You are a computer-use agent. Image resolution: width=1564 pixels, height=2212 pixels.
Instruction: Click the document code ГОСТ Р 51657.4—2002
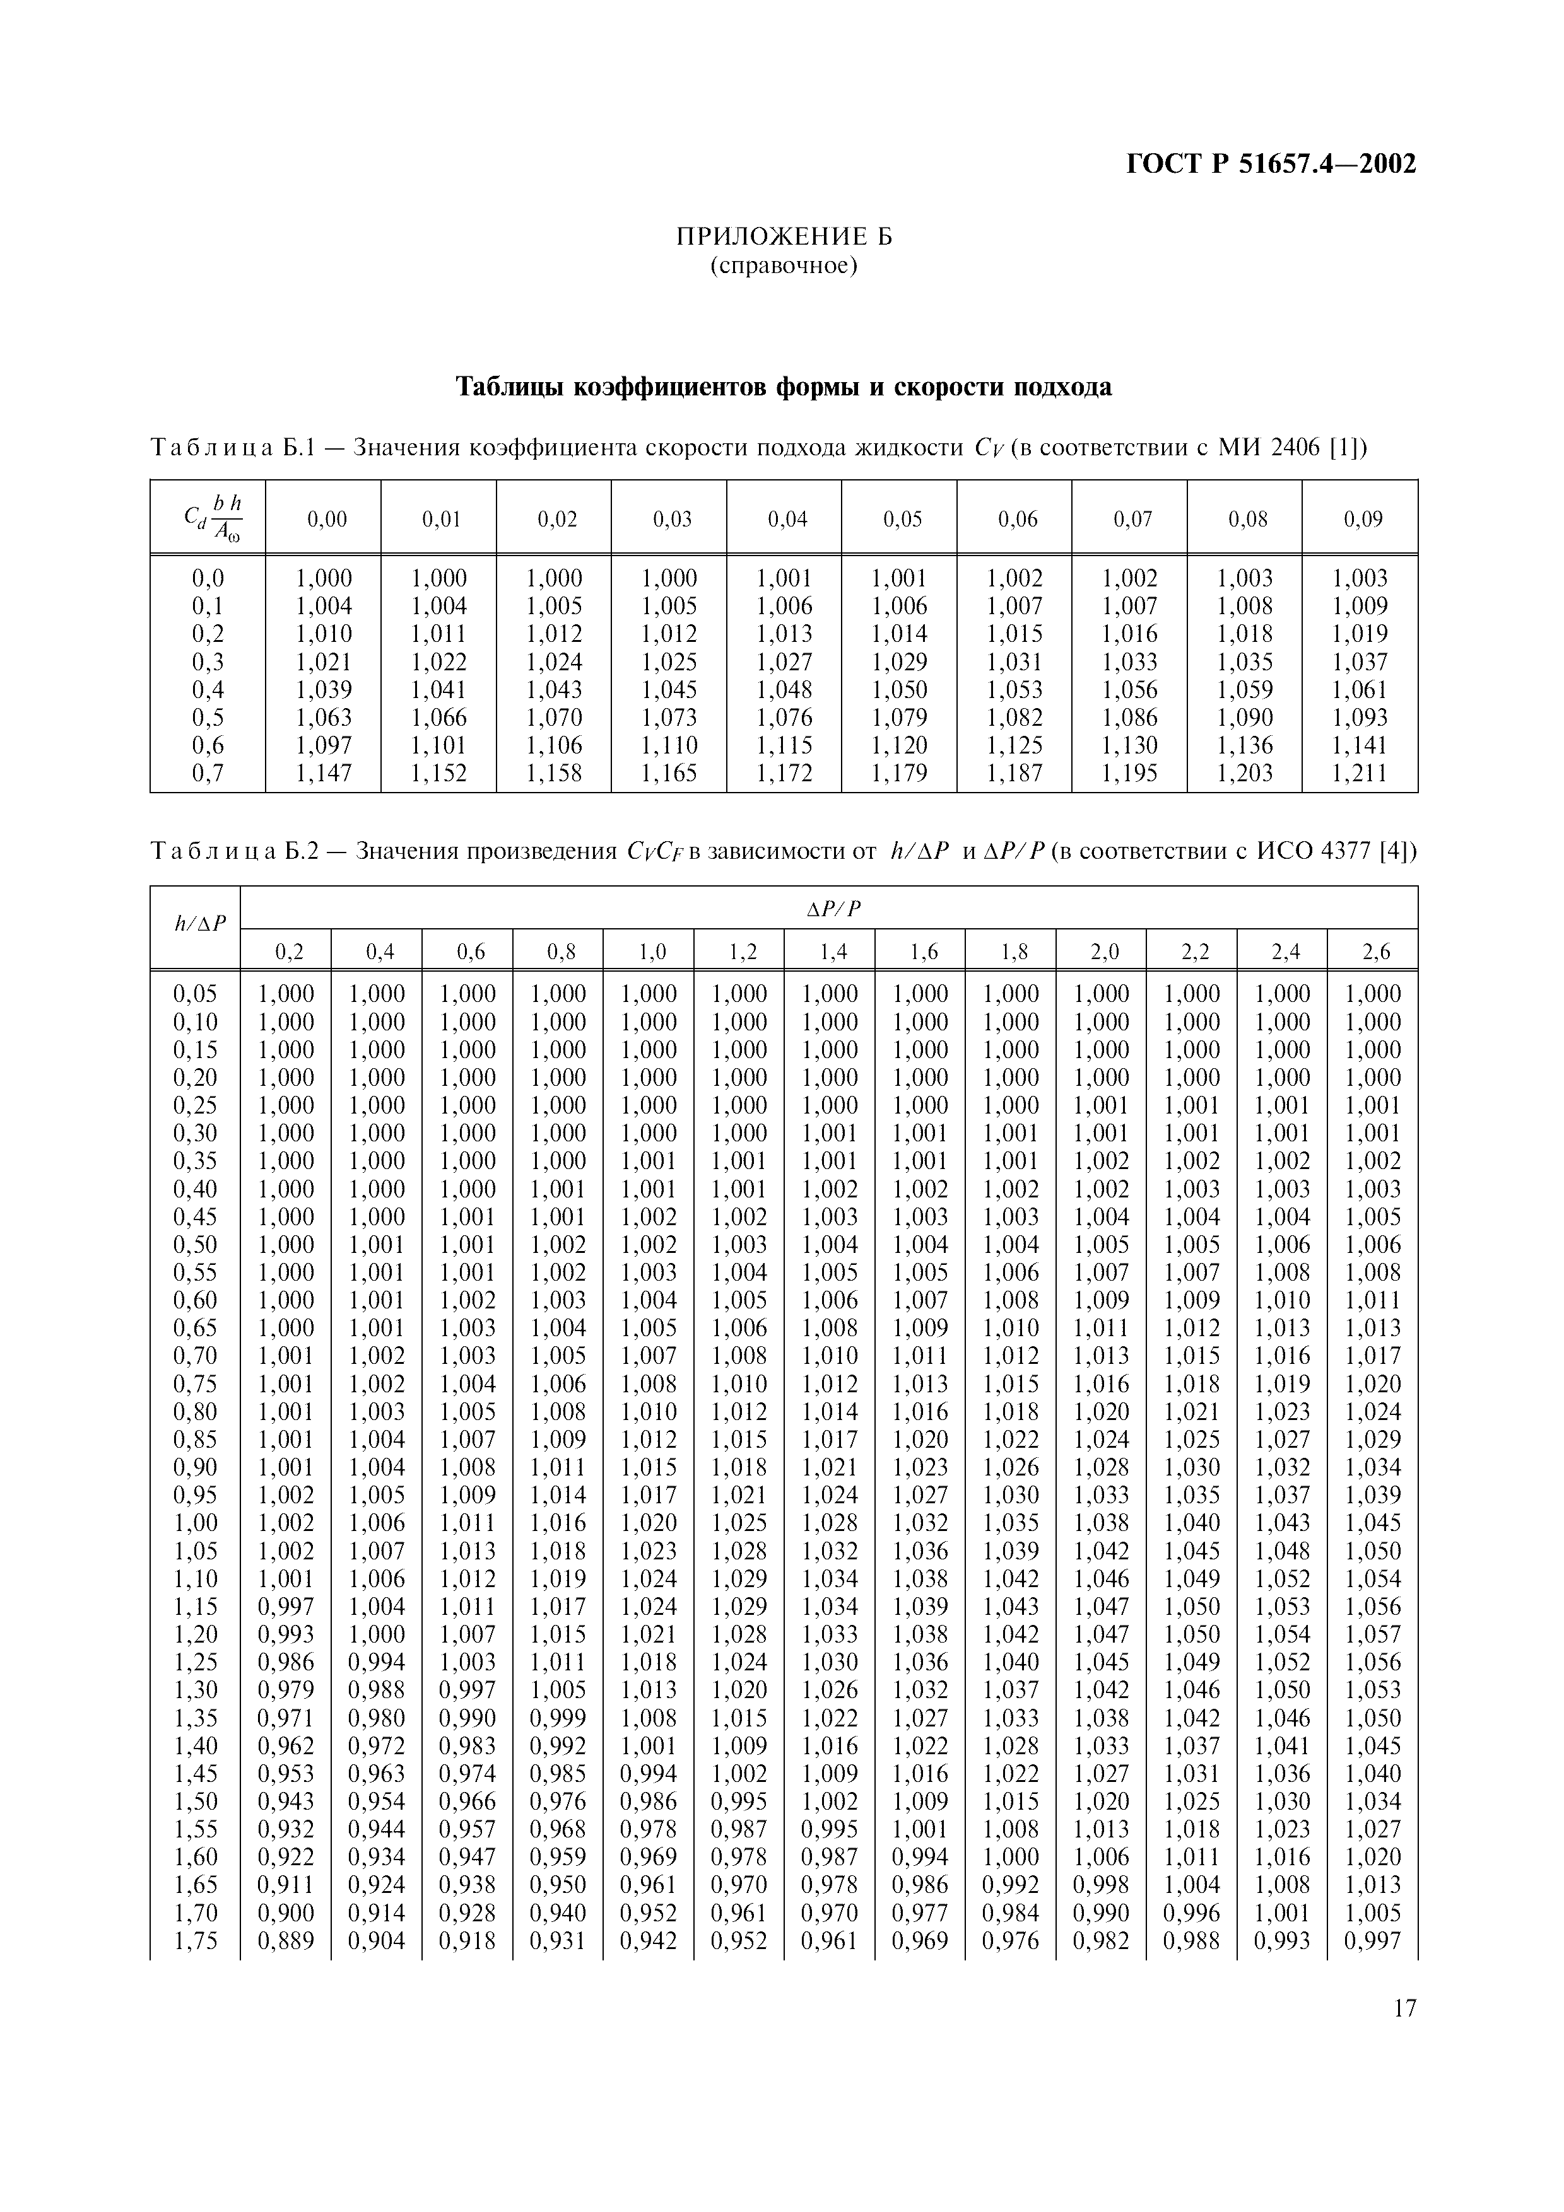pos(1271,165)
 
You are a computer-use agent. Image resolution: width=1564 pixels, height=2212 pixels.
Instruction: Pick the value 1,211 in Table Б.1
pos(1359,772)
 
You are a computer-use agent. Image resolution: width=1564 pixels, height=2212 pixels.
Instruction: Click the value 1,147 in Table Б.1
pos(323,772)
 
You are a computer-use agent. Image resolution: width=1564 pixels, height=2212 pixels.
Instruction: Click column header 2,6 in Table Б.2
pos(1375,952)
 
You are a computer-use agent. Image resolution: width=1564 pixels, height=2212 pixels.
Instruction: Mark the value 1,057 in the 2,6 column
pos(1373,1635)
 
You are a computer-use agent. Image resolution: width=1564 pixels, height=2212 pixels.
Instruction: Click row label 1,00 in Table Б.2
pos(196,1523)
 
